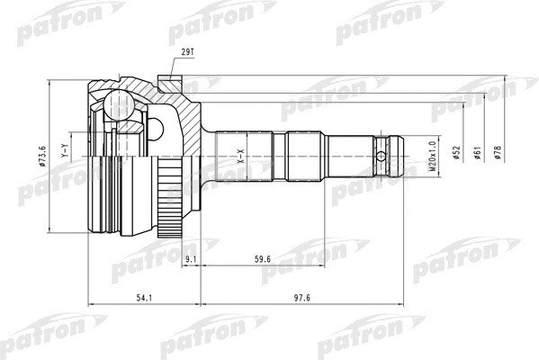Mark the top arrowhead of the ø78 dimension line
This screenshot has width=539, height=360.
pos(508,84)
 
